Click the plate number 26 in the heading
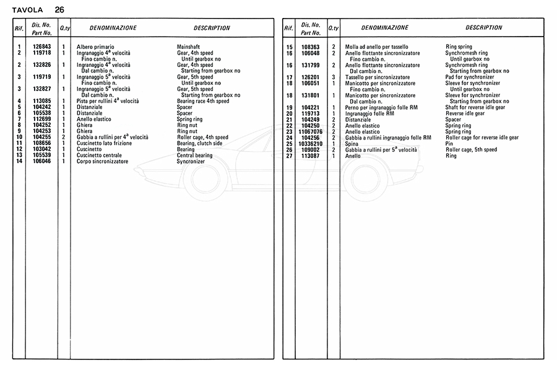tap(59, 9)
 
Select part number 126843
tap(41, 47)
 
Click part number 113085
tap(41, 101)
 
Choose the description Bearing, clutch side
tap(199, 143)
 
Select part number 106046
tap(41, 161)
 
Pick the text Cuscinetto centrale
tap(99, 156)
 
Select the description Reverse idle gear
tap(465, 113)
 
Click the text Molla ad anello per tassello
tap(376, 47)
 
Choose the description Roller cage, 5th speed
tap(471, 149)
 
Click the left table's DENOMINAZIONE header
tap(113, 28)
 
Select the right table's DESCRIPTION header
tap(484, 28)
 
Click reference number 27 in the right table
tap(289, 156)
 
